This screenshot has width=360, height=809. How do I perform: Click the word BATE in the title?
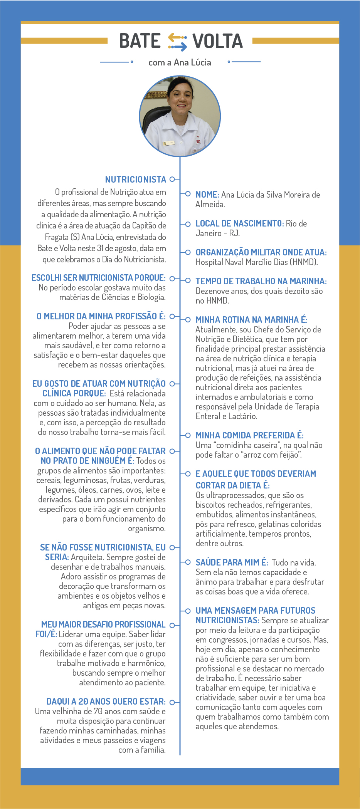tap(140, 41)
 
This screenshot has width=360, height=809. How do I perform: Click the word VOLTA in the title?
tap(218, 41)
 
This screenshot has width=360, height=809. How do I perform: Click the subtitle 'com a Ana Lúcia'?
tap(180, 62)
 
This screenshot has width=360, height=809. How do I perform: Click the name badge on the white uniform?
tap(169, 143)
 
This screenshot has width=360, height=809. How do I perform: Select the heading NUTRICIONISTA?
tap(135, 180)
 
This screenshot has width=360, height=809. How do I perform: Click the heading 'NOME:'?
tap(207, 195)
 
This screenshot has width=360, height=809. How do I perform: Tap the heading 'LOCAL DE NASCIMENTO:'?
tap(239, 224)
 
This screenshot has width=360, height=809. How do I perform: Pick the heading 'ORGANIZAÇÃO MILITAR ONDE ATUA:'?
tap(261, 253)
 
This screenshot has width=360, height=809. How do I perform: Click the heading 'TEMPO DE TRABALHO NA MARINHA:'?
tap(261, 282)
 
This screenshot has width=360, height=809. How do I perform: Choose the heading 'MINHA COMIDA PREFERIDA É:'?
tap(249, 436)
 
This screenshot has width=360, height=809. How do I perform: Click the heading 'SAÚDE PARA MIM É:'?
tap(232, 563)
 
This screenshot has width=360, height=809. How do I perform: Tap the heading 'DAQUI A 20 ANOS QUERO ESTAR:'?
tap(106, 702)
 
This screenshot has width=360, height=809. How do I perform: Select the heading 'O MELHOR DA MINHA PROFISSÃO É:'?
tap(101, 316)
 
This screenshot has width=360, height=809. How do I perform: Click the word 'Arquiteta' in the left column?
tap(87, 557)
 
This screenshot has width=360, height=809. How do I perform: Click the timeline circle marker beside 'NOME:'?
tap(188, 194)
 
